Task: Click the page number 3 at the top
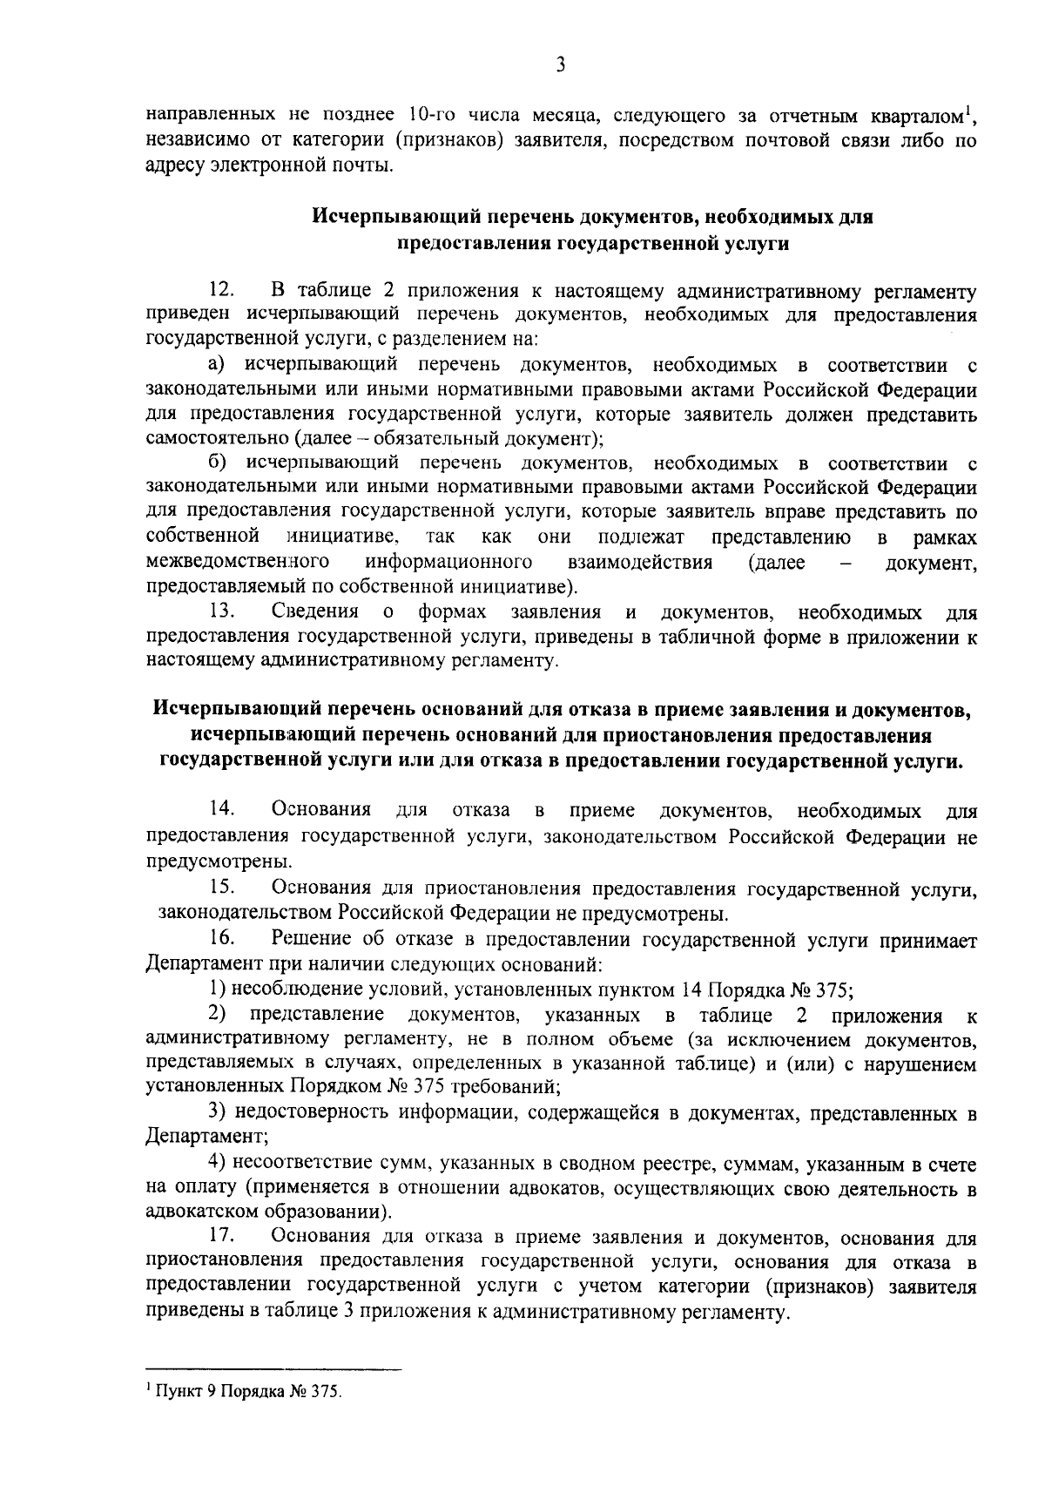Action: pyautogui.click(x=560, y=64)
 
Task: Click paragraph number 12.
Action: pyautogui.click(x=222, y=289)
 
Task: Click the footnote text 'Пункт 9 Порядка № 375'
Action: pyautogui.click(x=246, y=1391)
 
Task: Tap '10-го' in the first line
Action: pyautogui.click(x=429, y=116)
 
